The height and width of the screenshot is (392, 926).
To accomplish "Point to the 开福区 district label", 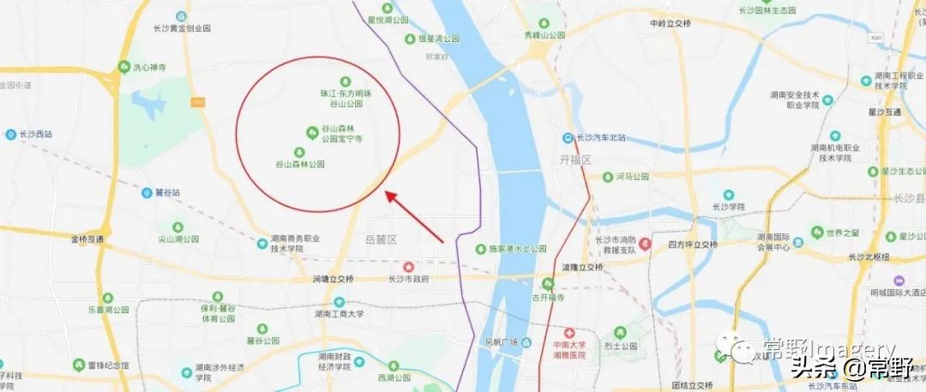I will click(x=575, y=160).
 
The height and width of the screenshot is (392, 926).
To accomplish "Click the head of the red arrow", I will click(x=388, y=194).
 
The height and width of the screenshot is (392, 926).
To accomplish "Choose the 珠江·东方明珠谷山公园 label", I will click(x=346, y=98).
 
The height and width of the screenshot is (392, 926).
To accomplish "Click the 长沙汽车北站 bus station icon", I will click(x=568, y=137).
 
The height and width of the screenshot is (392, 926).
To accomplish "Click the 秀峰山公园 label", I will click(x=545, y=36).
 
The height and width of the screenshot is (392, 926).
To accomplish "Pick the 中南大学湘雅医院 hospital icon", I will click(x=567, y=332).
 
